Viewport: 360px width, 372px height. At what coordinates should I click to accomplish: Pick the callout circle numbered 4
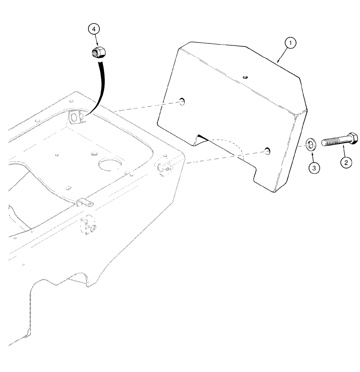(x=94, y=29)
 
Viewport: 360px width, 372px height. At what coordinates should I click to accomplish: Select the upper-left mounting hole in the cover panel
(x=181, y=100)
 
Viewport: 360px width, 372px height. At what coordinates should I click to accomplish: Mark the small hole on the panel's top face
(x=245, y=77)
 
